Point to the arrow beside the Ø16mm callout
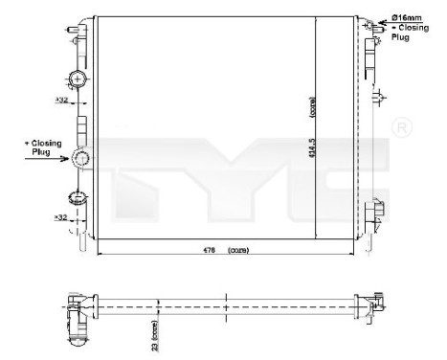pos(380,20)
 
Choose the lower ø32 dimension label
pos(60,217)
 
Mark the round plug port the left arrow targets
pos(82,159)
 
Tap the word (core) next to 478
pos(238,250)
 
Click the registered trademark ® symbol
pos(403,127)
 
